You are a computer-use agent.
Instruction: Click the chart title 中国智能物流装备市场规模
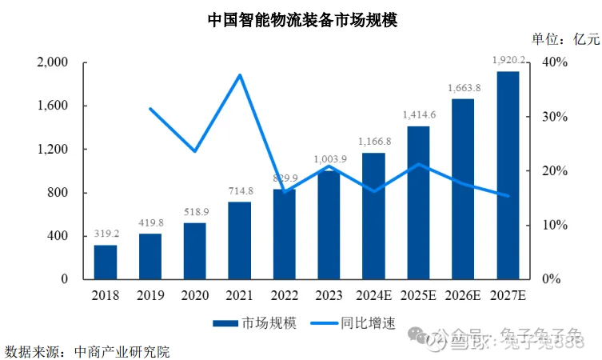click(301, 20)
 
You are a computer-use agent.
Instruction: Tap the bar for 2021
click(239, 240)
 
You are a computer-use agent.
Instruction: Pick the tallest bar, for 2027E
click(508, 176)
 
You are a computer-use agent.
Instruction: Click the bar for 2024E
click(373, 216)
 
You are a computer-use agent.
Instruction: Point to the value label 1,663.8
click(463, 88)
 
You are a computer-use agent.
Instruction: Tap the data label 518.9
click(195, 213)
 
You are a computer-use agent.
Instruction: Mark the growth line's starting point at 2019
click(150, 109)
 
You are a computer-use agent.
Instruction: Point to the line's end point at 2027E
click(508, 195)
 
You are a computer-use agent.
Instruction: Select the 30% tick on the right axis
click(555, 117)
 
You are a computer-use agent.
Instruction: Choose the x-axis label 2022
click(284, 295)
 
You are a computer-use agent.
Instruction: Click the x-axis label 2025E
click(418, 295)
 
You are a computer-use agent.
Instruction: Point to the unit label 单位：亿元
click(564, 39)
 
